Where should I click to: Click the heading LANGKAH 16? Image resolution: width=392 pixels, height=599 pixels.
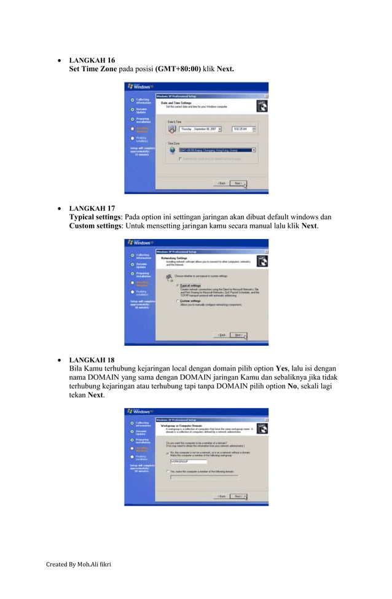point(92,61)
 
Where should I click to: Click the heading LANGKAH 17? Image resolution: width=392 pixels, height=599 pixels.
point(92,208)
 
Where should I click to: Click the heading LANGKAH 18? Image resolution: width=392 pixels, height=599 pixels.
point(92,359)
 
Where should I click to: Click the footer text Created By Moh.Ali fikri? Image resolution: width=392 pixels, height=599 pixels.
point(79,581)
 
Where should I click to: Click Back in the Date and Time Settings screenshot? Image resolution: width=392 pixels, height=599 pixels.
point(221,182)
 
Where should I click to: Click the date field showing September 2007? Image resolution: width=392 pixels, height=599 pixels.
point(200,129)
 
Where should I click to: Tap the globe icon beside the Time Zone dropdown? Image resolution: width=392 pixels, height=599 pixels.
point(173,149)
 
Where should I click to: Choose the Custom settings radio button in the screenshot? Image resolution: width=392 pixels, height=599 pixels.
point(178,301)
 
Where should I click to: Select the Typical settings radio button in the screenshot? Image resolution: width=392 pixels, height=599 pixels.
point(178,286)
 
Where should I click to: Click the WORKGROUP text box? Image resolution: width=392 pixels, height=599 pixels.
point(189,461)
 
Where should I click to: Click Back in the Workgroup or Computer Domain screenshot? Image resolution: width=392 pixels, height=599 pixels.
point(221,496)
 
